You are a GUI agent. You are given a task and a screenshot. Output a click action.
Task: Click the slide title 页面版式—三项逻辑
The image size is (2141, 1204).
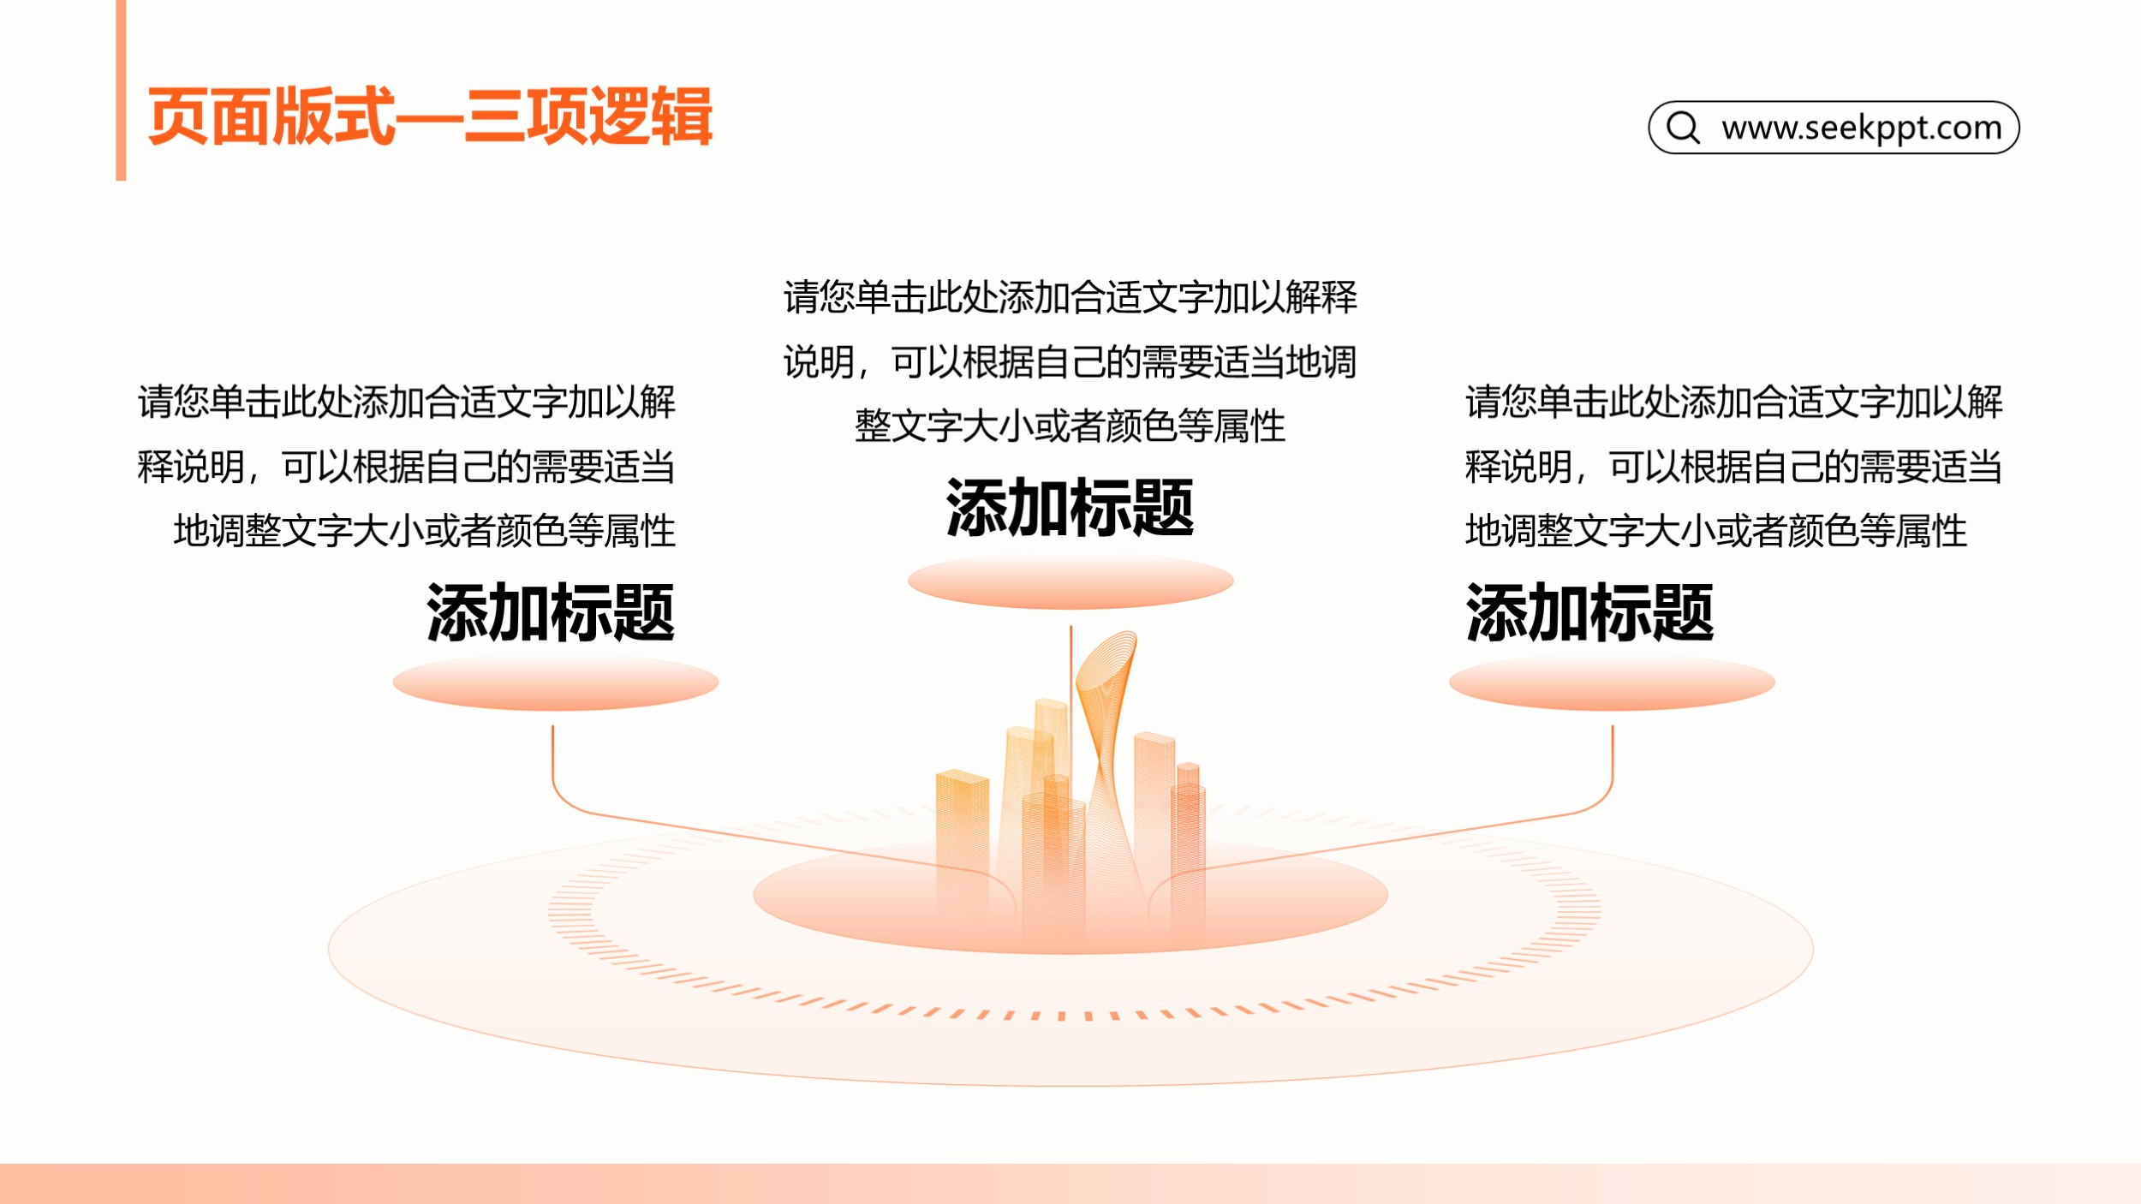coord(430,116)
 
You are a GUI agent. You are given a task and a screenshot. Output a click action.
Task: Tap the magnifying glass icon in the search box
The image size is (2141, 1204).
coord(1683,128)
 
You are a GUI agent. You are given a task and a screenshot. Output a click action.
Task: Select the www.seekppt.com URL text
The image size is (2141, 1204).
coord(1862,128)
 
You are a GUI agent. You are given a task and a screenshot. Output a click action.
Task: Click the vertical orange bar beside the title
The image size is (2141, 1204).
coord(121,90)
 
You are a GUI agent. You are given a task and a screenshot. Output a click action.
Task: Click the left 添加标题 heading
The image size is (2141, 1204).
coord(551,613)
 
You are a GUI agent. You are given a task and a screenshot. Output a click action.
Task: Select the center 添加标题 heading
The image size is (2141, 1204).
coord(1070,508)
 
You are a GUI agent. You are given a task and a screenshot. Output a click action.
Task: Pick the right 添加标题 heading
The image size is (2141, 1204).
coord(1589,613)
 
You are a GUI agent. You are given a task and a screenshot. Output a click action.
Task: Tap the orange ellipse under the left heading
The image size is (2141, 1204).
coord(555,682)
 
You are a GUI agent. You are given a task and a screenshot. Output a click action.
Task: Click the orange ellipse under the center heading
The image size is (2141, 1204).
coord(1070,581)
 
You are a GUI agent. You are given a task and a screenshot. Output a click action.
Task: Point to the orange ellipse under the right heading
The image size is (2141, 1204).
coord(1612,682)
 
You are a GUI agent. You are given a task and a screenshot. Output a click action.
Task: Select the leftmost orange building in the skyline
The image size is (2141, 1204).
coord(962,848)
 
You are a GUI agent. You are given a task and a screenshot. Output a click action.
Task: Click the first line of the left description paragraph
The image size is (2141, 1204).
coord(407,402)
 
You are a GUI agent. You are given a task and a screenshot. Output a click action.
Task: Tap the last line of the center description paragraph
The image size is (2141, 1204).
coord(1070,426)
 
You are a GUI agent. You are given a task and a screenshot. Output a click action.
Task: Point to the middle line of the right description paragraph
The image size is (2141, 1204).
coord(1733,468)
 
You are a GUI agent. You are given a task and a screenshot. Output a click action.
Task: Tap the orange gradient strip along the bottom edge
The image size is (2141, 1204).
coord(1070,1183)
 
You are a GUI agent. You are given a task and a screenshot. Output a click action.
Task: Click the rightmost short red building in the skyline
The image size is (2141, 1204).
coord(1189,848)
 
